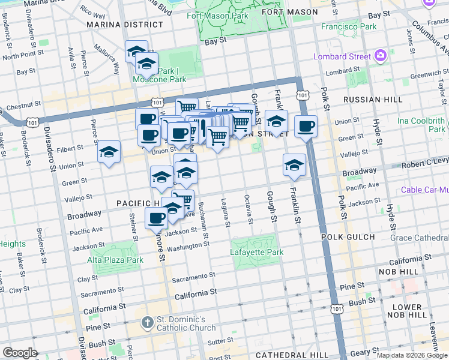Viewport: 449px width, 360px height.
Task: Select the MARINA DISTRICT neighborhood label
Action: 124,25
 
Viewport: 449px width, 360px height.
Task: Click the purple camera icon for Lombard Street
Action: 380,56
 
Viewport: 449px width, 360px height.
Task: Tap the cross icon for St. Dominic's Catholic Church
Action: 147,323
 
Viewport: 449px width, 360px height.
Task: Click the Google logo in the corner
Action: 20,353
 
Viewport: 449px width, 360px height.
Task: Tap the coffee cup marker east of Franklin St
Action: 306,127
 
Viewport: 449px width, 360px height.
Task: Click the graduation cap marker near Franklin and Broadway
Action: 294,165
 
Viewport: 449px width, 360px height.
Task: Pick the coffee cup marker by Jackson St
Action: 157,218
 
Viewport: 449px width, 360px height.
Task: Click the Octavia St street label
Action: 249,211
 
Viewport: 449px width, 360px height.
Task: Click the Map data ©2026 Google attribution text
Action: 412,355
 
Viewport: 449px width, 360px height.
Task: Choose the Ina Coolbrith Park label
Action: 421,125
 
